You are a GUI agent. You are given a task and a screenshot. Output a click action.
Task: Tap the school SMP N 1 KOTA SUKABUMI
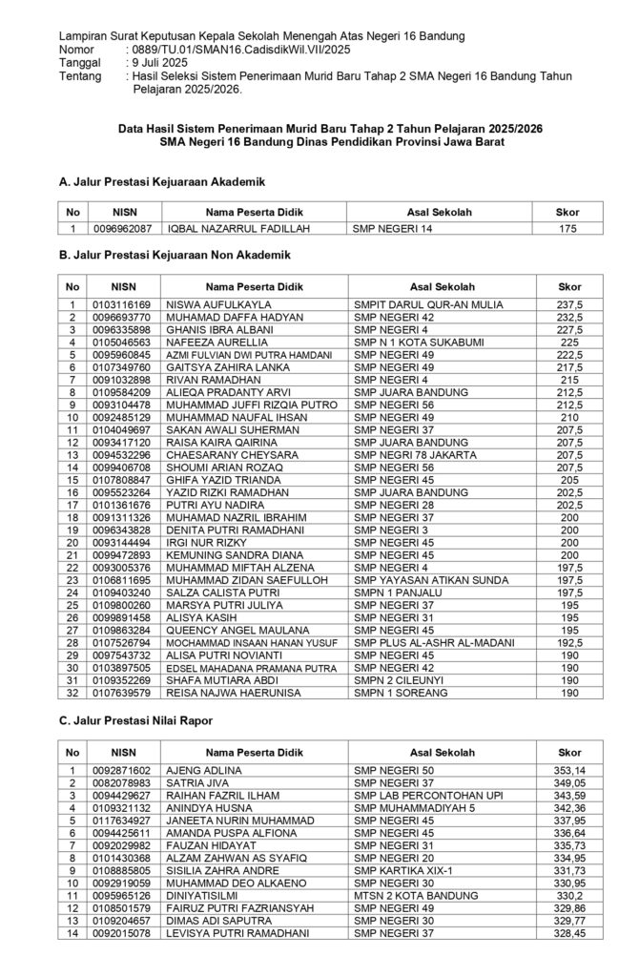413,340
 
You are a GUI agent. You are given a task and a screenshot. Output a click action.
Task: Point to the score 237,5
570,304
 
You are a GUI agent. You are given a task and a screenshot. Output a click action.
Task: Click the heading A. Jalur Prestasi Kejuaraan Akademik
161,181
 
